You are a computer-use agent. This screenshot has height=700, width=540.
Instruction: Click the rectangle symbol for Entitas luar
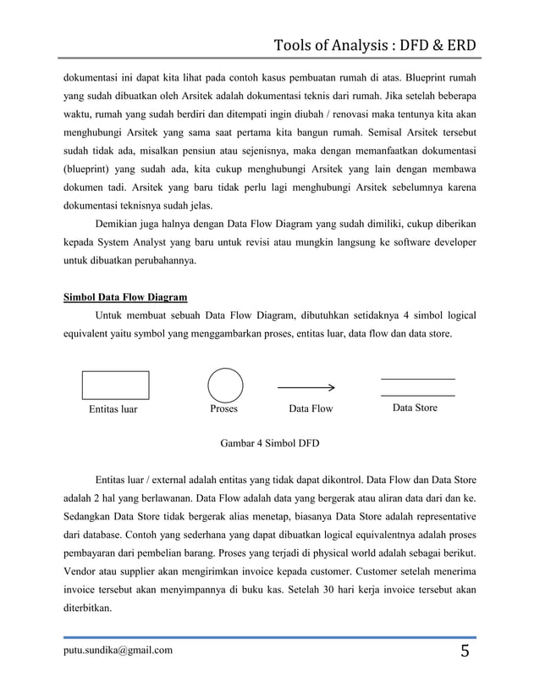tap(116, 385)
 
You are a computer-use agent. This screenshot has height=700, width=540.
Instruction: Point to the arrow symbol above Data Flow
tap(306, 387)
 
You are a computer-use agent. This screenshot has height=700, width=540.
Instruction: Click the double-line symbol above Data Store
tap(417, 386)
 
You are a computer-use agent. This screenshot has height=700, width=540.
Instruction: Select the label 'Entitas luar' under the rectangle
tap(113, 409)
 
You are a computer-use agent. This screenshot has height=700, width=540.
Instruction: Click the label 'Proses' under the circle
tap(223, 408)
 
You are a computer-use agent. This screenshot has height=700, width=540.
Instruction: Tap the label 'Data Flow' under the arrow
tap(311, 409)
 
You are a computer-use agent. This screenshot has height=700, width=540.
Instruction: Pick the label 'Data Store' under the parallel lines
tap(415, 408)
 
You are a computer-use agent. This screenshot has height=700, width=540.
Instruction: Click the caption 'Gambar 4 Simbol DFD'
tap(270, 443)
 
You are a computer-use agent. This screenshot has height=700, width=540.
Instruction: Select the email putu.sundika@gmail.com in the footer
tap(118, 650)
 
